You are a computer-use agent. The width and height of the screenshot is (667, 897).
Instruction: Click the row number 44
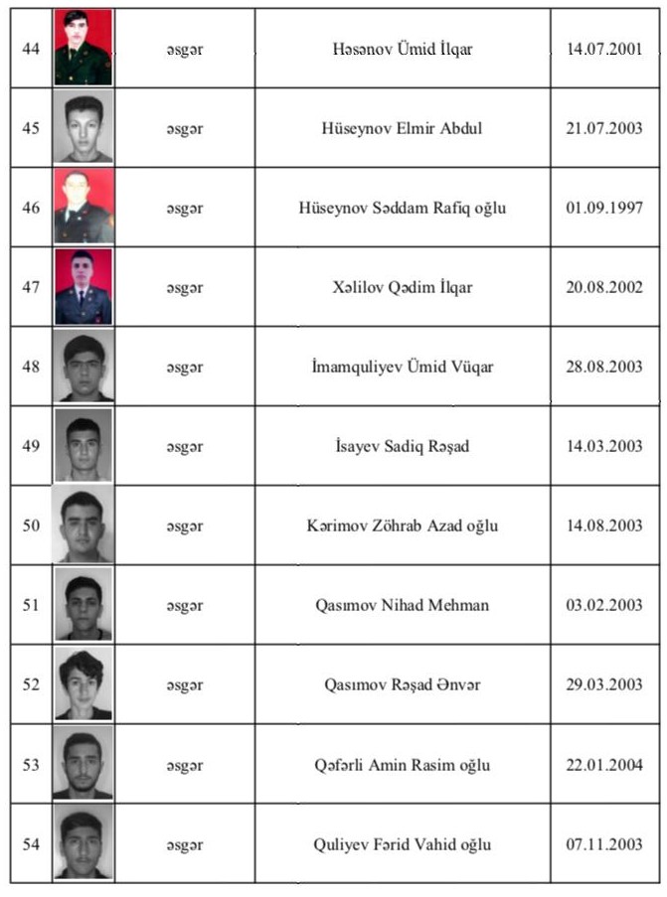(x=31, y=49)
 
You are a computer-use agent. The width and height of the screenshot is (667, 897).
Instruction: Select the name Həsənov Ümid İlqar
(x=403, y=49)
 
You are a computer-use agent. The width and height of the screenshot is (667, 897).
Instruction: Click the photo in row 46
(x=83, y=207)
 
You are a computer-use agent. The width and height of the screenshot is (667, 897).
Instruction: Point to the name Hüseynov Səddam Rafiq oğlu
(x=403, y=208)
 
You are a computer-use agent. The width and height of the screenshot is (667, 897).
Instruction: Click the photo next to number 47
(x=83, y=287)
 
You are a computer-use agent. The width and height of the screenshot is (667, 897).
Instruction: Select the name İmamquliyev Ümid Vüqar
(x=403, y=367)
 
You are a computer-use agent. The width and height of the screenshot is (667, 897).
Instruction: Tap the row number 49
(x=31, y=446)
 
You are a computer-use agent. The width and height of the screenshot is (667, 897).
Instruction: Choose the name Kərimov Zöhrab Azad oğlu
(x=403, y=525)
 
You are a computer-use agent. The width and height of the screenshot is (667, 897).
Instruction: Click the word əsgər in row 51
(x=185, y=605)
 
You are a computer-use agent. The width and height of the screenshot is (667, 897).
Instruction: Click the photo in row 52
(x=83, y=684)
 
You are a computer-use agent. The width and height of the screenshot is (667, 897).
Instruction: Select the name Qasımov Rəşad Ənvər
(x=403, y=684)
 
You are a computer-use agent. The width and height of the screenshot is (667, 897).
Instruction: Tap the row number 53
(x=31, y=765)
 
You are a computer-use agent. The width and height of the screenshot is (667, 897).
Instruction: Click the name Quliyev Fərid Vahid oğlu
(x=403, y=845)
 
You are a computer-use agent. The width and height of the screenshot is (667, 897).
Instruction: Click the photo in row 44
(x=83, y=48)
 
